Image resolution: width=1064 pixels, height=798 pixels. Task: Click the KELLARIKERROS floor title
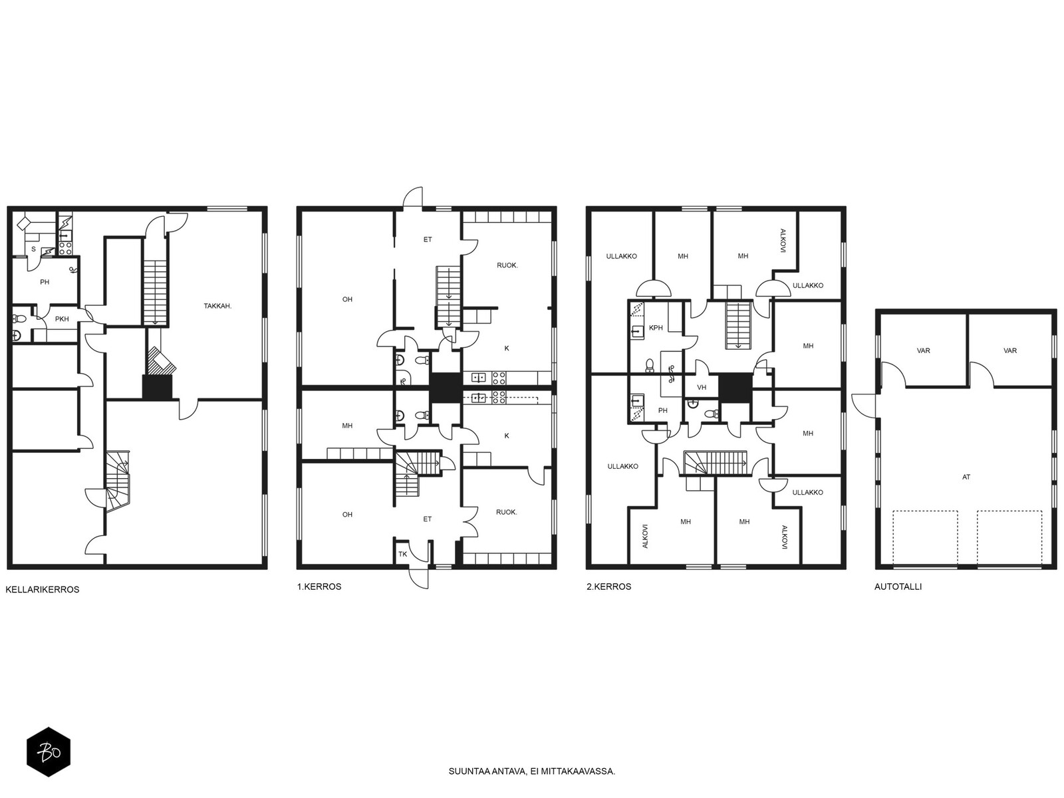click(x=42, y=590)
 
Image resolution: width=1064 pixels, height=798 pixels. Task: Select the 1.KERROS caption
click(x=319, y=587)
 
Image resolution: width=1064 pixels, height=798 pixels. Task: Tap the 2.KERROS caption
click(x=609, y=587)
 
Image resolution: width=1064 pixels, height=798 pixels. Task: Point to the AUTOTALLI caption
click(x=898, y=587)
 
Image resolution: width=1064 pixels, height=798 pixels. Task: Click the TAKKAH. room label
click(x=217, y=306)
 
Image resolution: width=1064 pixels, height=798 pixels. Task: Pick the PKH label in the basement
click(x=62, y=319)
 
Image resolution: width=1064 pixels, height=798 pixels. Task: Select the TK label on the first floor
click(x=403, y=555)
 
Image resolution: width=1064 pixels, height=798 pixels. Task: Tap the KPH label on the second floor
click(x=656, y=328)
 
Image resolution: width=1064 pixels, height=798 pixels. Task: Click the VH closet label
click(x=702, y=388)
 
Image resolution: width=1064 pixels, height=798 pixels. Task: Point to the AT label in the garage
click(x=966, y=477)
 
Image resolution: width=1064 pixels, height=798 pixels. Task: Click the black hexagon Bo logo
click(x=49, y=752)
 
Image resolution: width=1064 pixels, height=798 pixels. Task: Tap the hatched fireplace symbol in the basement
click(x=160, y=360)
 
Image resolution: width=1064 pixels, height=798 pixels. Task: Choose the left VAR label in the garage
click(x=924, y=351)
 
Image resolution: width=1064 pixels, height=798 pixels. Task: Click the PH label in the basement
click(x=45, y=282)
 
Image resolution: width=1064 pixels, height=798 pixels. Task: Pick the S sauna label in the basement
click(x=33, y=249)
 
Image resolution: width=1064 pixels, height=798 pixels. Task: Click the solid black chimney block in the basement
click(x=157, y=388)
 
